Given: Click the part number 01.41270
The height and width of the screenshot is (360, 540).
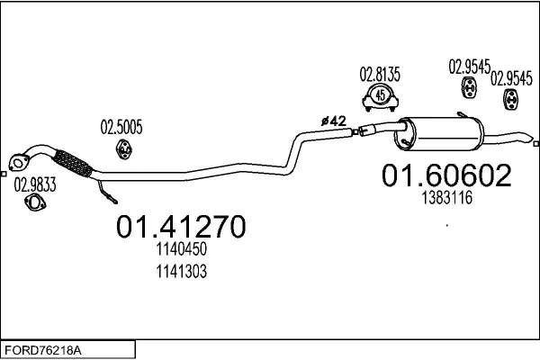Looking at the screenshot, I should [x=180, y=228].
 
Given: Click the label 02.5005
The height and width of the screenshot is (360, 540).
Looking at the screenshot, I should [x=121, y=127].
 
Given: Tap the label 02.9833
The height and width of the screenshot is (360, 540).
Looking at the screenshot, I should [x=34, y=187].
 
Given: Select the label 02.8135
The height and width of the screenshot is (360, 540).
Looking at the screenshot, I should [x=381, y=74].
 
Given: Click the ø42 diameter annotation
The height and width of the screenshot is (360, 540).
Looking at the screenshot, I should [x=334, y=120].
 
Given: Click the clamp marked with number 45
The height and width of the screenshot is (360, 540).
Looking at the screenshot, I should [x=380, y=96].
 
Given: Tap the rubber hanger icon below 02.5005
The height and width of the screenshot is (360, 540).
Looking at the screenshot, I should [x=122, y=149].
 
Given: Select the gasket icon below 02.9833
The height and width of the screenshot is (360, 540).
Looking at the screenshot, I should [x=35, y=207].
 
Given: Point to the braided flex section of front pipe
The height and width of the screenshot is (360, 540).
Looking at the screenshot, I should [x=74, y=166].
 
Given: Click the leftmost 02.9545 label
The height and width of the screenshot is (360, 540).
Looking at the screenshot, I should [x=469, y=66].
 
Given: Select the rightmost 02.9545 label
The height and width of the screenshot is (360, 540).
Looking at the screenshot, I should [x=510, y=78].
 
